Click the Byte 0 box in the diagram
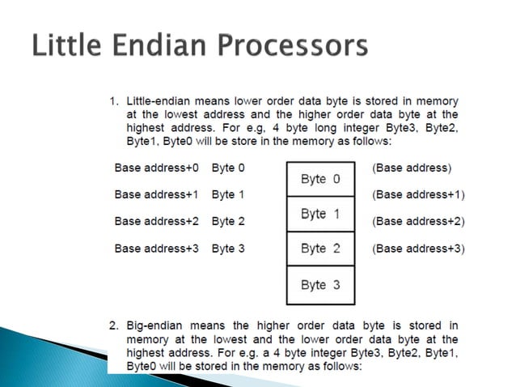[320, 178]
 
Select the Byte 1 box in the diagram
[320, 214]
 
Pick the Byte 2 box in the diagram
[320, 249]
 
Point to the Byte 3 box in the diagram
[320, 285]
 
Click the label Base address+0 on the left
[156, 168]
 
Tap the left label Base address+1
[156, 194]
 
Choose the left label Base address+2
[156, 221]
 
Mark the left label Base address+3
[156, 248]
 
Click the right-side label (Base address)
[412, 168]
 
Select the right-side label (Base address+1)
[418, 194]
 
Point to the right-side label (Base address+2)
[418, 221]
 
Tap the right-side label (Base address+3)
[418, 248]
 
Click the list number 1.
[114, 101]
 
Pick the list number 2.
[114, 326]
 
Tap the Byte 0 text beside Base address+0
[228, 168]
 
